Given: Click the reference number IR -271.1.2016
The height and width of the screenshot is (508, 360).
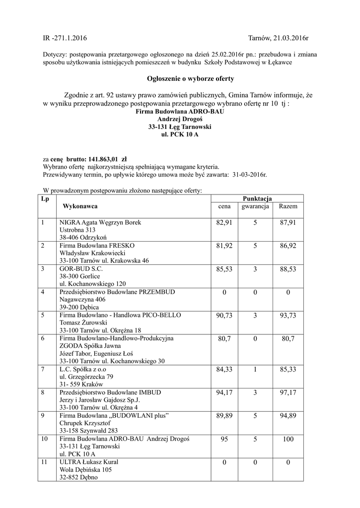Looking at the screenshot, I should coord(65,38).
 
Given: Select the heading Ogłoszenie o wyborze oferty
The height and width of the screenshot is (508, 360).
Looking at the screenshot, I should coord(183,78).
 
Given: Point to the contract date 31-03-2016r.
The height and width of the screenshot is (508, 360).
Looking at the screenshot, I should coord(249,175).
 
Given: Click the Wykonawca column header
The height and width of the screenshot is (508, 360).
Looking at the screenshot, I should coord(80,206).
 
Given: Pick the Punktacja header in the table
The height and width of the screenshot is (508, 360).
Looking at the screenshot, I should coord(257,198).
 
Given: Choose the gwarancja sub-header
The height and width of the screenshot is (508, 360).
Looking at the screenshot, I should coord(255,206).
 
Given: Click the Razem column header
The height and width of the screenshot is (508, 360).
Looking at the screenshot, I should coord(288,206).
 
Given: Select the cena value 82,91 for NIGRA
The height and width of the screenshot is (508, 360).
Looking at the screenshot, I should coord(224,223).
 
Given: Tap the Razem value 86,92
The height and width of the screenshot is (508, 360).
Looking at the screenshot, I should coord(288,245).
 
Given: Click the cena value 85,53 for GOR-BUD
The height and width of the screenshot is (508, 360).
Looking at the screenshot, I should coord(224,268).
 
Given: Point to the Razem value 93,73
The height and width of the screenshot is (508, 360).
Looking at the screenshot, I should coord(288,316).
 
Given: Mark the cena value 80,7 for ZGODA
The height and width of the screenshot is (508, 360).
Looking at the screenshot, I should coord(224,339).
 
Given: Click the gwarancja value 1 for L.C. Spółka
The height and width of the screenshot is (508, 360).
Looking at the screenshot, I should coord(255,369).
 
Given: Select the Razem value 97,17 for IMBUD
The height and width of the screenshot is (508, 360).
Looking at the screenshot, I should coord(288,392).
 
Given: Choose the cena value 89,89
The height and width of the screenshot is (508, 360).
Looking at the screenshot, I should coord(224,415).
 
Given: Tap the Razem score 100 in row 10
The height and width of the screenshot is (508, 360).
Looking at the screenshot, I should coord(288,439).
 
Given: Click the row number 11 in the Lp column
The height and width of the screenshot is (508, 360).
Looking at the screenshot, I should coord(46,462).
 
